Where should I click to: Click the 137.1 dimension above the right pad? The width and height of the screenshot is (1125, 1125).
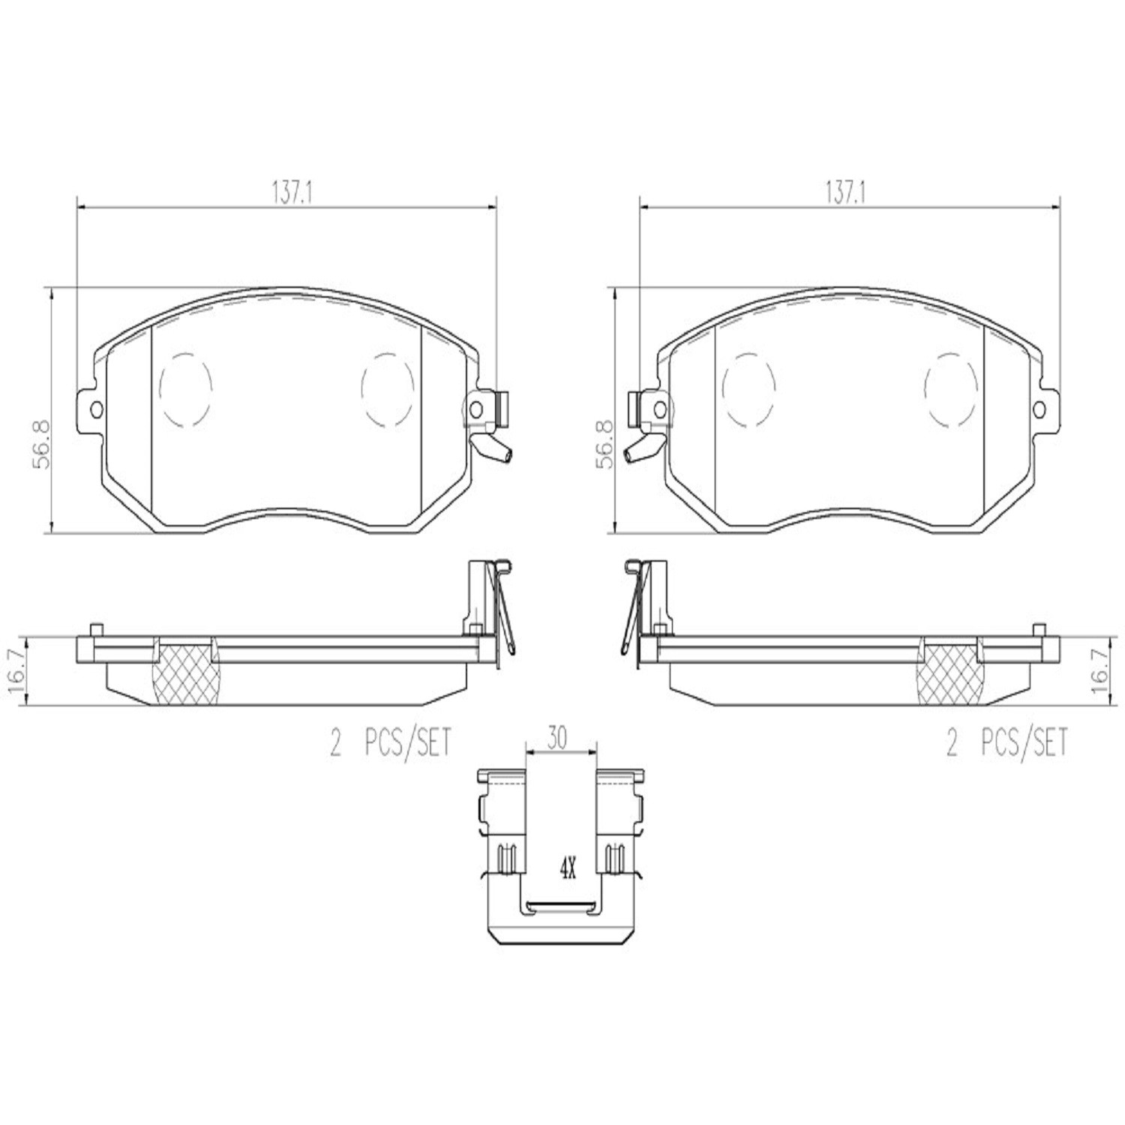point(846,193)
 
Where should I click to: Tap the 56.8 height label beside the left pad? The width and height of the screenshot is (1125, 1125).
point(41,445)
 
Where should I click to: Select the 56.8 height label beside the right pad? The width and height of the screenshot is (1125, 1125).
point(604,445)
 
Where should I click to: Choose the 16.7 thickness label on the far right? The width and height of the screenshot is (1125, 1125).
point(1102,670)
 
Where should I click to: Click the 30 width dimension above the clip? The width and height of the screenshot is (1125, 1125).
point(556,739)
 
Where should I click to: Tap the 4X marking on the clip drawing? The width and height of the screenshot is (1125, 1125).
point(567,871)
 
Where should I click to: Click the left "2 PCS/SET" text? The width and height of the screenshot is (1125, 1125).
point(391,744)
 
